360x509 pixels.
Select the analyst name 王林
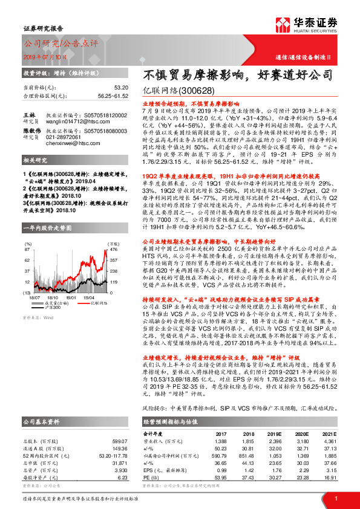point(28,114)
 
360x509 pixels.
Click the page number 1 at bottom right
point(336,499)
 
